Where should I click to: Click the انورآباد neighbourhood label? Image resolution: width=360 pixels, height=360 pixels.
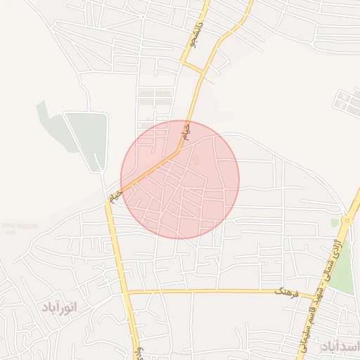pos(58,307)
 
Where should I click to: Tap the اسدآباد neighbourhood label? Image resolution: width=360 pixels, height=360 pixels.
pos(340,346)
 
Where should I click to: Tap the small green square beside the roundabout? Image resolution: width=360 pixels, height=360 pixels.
pos(335,223)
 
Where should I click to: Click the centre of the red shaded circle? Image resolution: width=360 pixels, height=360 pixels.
pos(180,180)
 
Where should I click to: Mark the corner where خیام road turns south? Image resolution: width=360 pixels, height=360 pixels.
pos(109,200)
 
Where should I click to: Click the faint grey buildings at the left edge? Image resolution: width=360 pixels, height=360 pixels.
pos(18,227)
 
